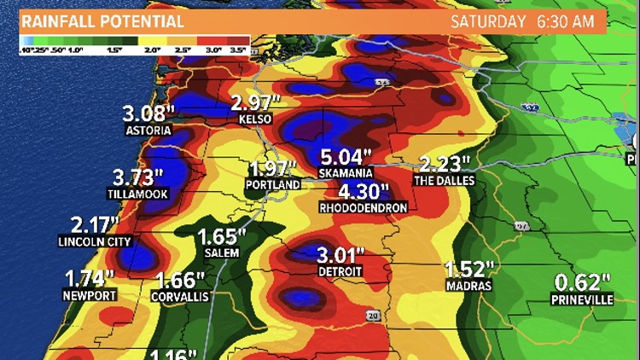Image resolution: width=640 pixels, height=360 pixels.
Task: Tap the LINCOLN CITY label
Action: (96, 241)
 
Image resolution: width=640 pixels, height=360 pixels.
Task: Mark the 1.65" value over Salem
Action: (221, 237)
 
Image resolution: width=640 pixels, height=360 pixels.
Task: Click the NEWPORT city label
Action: (89, 295)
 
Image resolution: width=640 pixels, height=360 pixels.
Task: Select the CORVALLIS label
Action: (180, 296)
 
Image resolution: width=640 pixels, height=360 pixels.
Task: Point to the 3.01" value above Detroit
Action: (340, 255)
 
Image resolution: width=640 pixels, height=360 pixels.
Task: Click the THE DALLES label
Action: (444, 181)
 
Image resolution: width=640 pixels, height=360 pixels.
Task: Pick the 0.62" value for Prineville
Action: (582, 282)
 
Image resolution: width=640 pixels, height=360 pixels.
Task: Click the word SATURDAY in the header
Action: (487, 21)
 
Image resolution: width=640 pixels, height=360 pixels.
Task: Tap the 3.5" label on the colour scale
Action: (239, 50)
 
